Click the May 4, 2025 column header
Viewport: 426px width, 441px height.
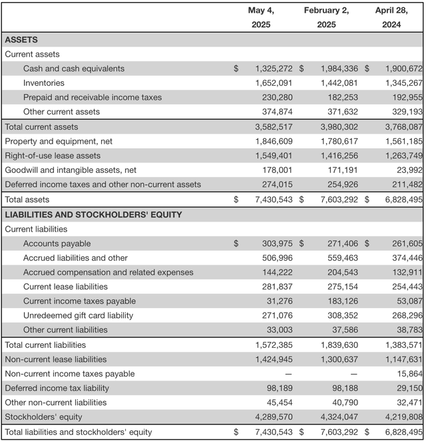tap(261, 17)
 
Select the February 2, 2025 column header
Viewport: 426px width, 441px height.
tap(326, 17)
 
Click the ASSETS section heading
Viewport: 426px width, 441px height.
tap(21, 40)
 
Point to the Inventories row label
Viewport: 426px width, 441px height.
tap(44, 83)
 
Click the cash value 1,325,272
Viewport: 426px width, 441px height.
tap(274, 69)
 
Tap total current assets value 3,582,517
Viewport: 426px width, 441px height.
tap(274, 127)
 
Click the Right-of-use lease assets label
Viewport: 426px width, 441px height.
tap(53, 156)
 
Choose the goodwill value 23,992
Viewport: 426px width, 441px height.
tap(408, 170)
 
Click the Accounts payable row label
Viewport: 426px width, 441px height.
tap(57, 243)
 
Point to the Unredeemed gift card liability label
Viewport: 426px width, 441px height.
tap(78, 315)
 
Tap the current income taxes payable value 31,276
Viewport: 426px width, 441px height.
tap(279, 301)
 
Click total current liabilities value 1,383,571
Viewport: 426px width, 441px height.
tap(403, 345)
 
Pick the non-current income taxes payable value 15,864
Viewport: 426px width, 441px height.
tap(408, 374)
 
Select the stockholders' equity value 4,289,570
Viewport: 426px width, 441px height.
tap(274, 417)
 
